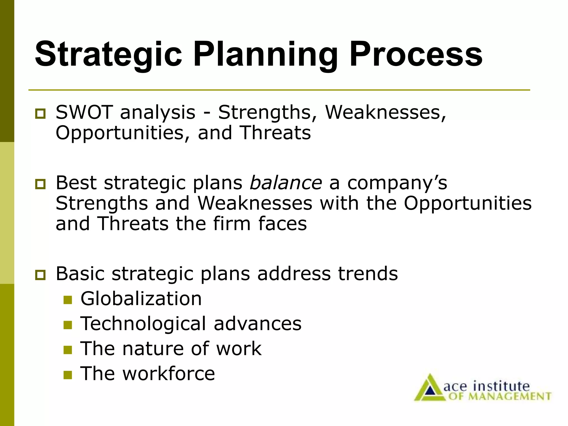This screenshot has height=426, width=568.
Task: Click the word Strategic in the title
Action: pos(108,54)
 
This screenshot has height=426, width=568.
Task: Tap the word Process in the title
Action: pos(416,54)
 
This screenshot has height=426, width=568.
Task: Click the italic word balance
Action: pos(286,183)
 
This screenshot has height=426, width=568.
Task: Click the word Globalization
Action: pos(141,299)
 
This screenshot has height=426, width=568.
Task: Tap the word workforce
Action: pos(169,373)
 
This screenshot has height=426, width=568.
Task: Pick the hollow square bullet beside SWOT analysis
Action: pos(40,114)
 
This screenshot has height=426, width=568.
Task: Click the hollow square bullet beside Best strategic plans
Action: pos(40,184)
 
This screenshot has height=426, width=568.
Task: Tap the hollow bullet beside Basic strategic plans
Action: pos(40,275)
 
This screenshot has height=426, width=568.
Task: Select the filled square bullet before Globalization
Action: pos(67,300)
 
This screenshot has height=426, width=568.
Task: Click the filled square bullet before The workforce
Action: pos(67,375)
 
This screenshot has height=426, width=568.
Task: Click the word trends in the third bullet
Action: pos(368,274)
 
